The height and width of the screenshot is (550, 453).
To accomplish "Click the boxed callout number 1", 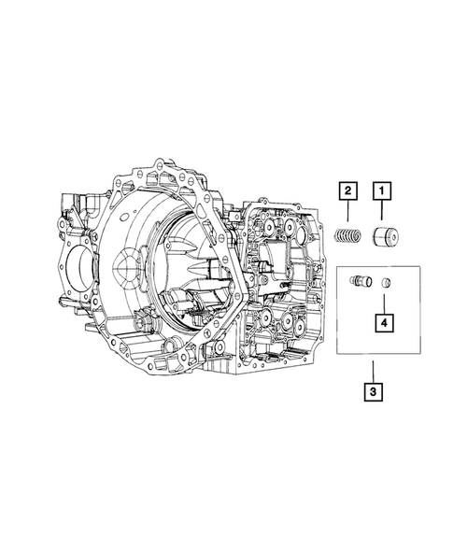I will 381,191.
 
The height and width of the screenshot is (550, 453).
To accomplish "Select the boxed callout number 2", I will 347,191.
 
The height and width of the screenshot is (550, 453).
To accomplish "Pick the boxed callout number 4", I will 383,322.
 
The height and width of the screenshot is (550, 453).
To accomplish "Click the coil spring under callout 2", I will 347,235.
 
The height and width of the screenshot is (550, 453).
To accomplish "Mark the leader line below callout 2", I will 347,213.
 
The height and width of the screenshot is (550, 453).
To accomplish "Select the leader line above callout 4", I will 383,303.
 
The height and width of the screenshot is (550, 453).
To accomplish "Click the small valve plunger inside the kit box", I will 359,280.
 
